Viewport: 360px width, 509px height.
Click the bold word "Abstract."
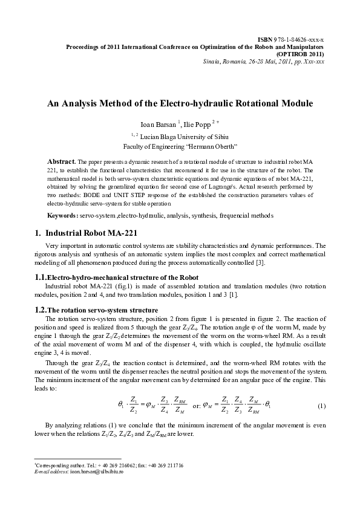point(62,162)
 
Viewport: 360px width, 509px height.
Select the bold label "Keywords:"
point(62,215)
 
